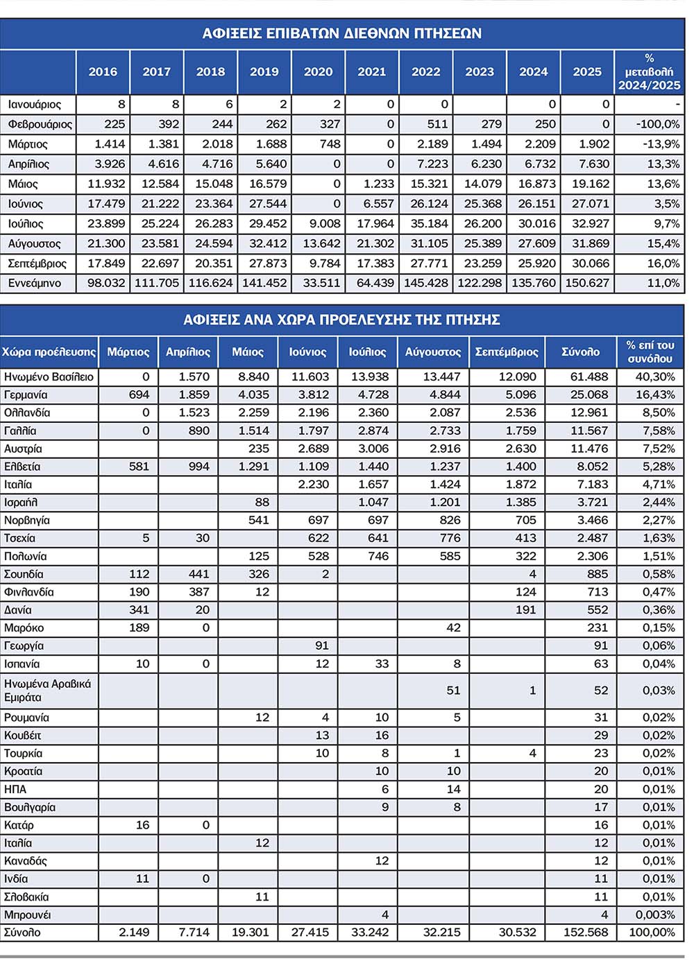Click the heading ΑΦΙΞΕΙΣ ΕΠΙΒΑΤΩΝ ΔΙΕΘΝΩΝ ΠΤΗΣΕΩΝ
pyautogui.click(x=341, y=33)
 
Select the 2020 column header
pyautogui.click(x=318, y=71)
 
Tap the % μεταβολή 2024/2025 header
pyautogui.click(x=649, y=71)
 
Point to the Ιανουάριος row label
pyautogui.click(x=35, y=105)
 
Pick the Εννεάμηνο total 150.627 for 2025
pyautogui.click(x=587, y=283)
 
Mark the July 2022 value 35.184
pyautogui.click(x=425, y=223)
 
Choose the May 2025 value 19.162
pyautogui.click(x=587, y=184)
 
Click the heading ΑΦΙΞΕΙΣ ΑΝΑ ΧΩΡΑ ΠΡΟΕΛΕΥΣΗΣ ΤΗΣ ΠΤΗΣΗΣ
pyautogui.click(x=341, y=320)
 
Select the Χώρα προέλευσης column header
pyautogui.click(x=49, y=352)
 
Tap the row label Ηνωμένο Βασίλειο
pyautogui.click(x=49, y=376)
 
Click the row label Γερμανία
pyautogui.click(x=26, y=395)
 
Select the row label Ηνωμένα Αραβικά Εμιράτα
pyautogui.click(x=47, y=691)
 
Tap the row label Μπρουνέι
pyautogui.click(x=27, y=915)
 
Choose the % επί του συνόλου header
pyautogui.click(x=650, y=352)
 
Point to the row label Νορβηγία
pyautogui.click(x=27, y=520)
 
